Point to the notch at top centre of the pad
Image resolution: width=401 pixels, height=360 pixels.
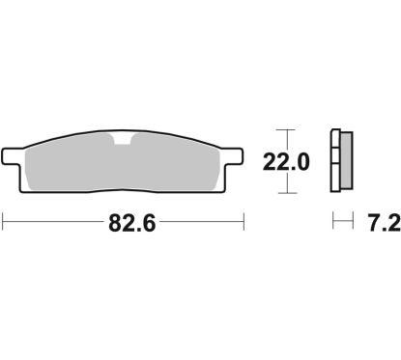(x=124, y=142)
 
